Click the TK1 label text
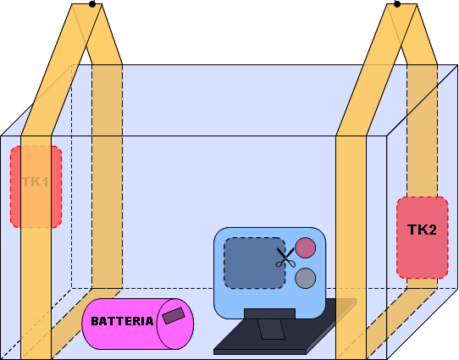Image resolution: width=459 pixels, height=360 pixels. point(35,182)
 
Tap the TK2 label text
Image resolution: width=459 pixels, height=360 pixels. point(422,230)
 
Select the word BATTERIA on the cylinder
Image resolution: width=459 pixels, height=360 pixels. point(122,321)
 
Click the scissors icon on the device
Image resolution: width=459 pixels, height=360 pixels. point(285,258)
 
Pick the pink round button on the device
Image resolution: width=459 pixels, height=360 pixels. point(306,247)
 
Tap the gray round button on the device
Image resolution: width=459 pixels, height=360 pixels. point(306,278)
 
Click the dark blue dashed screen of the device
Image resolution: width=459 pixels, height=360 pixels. point(254,263)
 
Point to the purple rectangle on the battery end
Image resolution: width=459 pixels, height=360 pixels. point(174,315)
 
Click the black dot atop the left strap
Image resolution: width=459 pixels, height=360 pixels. point(92,4)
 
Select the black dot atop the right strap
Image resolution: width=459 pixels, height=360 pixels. point(397,4)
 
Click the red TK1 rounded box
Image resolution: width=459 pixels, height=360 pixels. point(36,186)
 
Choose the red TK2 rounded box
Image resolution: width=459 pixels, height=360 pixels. point(423,237)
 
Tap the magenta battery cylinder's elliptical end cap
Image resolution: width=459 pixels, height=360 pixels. point(175,324)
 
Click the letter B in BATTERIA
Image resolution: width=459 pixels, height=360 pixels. point(95,321)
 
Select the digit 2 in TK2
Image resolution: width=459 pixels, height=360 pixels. point(432,230)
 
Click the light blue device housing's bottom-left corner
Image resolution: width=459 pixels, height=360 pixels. point(214,318)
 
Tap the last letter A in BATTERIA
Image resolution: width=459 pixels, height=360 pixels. point(149,321)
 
